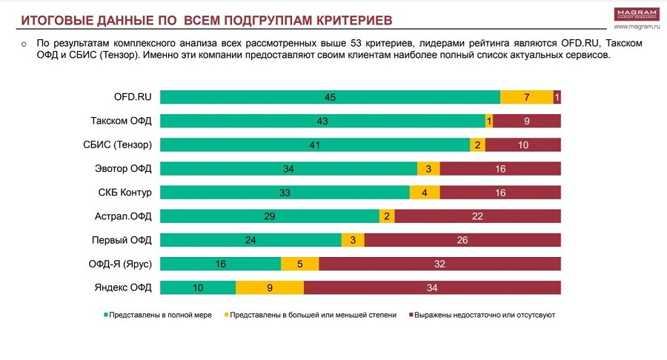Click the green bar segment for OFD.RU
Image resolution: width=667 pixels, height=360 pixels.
click(x=330, y=97)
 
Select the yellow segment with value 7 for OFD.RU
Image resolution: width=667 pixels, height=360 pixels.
click(x=526, y=97)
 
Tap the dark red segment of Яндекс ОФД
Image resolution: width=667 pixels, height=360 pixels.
click(x=432, y=287)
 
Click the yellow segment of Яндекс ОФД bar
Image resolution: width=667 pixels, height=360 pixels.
click(x=270, y=287)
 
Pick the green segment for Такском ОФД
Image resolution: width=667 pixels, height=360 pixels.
click(x=322, y=121)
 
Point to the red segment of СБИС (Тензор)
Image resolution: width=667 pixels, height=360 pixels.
click(x=522, y=145)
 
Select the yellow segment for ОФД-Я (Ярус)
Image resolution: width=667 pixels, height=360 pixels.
click(x=299, y=264)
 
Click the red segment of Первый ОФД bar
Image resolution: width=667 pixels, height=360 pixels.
click(x=462, y=240)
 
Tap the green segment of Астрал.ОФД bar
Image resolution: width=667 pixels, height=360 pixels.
click(x=270, y=216)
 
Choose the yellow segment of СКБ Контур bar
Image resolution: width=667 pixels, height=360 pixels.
click(x=425, y=193)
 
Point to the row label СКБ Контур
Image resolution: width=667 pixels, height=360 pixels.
click(x=124, y=193)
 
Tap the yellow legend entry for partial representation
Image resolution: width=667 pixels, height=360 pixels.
click(x=311, y=315)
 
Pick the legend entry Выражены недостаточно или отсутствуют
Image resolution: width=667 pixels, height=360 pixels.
click(x=481, y=315)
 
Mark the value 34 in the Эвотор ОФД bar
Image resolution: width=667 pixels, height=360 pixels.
click(x=288, y=169)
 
